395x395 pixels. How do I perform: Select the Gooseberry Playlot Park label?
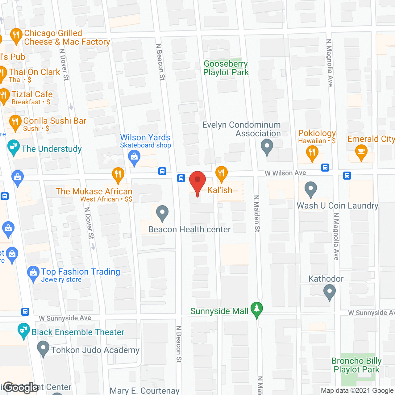226,68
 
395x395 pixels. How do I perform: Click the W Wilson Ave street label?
285,173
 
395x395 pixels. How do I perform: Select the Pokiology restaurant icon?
312,153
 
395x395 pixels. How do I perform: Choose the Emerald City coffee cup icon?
361,152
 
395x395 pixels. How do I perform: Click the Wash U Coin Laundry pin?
310,189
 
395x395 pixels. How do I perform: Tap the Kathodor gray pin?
330,292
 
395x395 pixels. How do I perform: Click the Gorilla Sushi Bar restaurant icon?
15,122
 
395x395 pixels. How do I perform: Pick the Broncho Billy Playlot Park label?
356,365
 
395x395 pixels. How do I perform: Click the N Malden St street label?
257,213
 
